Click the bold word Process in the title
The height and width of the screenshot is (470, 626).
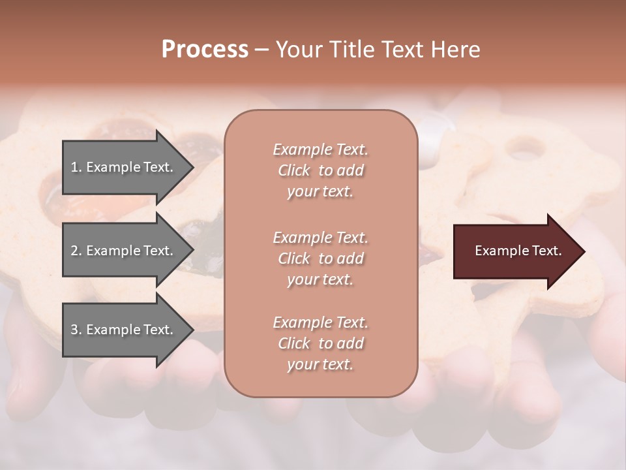pos(205,50)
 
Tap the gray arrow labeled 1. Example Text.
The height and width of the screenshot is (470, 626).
pos(124,167)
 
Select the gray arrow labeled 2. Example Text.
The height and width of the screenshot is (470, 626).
pos(124,251)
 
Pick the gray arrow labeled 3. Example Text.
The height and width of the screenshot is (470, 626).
pos(124,330)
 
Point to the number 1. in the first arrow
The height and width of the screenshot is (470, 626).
pos(76,167)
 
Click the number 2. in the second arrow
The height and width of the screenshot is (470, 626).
pos(76,251)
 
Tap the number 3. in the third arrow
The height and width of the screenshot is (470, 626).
pos(76,330)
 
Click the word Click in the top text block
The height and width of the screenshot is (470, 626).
pos(294,170)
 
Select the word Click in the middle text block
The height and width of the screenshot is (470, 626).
pos(294,258)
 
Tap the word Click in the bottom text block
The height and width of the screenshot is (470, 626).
pos(294,343)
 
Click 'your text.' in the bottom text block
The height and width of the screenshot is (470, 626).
pos(320,365)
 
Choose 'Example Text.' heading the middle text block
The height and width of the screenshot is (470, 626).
pos(320,237)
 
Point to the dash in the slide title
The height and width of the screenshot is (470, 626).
pos(261,50)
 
